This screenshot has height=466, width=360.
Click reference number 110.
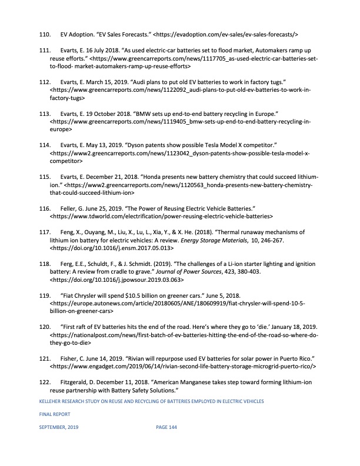46,35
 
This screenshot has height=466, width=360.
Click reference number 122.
46,383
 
